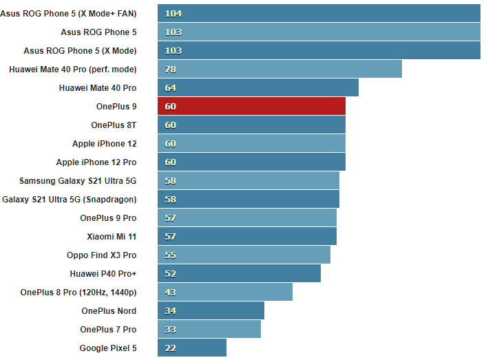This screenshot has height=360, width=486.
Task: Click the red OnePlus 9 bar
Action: click(251, 106)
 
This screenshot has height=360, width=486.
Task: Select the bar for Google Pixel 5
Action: click(192, 348)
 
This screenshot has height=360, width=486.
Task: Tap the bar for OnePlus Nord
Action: click(211, 310)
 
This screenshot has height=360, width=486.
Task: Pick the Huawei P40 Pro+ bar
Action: click(239, 273)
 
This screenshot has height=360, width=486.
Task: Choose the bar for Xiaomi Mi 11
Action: click(247, 236)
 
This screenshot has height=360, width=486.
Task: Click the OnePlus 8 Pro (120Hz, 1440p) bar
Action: click(225, 292)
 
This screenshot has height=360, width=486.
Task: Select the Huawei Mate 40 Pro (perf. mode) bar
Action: click(279, 69)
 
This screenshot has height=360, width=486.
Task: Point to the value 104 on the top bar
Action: click(173, 13)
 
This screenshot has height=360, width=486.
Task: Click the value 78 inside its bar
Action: click(171, 69)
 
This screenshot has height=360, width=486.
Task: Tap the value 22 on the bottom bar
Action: click(171, 348)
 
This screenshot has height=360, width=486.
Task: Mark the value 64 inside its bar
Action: click(171, 87)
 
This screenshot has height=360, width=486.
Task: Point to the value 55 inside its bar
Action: click(171, 255)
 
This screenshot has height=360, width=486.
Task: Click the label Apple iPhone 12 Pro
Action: click(96, 162)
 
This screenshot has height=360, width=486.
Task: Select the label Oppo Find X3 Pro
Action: click(101, 255)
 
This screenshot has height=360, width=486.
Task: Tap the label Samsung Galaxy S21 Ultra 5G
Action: click(78, 180)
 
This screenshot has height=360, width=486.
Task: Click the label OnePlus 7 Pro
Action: click(108, 329)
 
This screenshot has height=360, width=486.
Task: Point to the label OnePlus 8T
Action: click(114, 125)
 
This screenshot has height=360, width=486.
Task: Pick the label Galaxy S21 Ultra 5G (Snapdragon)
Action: click(70, 199)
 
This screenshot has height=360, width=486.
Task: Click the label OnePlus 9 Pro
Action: click(108, 218)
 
